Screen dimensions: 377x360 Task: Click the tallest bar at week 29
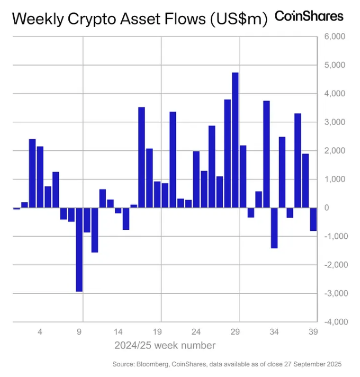pyautogui.click(x=235, y=140)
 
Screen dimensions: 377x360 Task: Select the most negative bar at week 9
pyautogui.click(x=79, y=249)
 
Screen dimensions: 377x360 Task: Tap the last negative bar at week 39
pyautogui.click(x=313, y=219)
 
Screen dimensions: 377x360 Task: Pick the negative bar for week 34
pyautogui.click(x=274, y=228)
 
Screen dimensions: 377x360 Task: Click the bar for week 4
pyautogui.click(x=40, y=177)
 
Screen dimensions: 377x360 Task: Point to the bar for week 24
pyautogui.click(x=196, y=179)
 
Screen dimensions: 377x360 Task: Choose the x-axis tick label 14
pyautogui.click(x=118, y=333)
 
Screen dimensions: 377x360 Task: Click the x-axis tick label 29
pyautogui.click(x=235, y=333)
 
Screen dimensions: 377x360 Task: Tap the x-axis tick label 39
pyautogui.click(x=313, y=333)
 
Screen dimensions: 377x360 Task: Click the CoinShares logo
pyautogui.click(x=309, y=16)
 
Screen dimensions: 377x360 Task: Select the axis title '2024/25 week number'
pyautogui.click(x=165, y=346)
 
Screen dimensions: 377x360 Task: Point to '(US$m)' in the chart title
pyautogui.click(x=237, y=19)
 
